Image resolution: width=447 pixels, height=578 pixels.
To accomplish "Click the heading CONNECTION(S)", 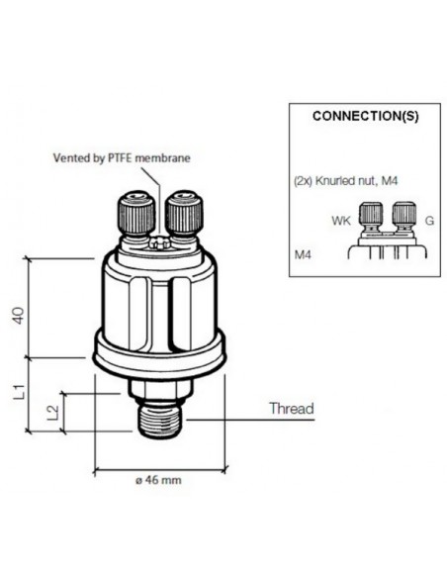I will tap(365, 116).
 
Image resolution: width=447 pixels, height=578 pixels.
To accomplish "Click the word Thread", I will tap(291, 409).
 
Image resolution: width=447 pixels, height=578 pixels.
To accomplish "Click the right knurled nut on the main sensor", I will tap(181, 212).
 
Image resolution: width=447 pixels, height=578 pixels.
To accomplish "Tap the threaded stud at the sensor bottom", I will tap(157, 420).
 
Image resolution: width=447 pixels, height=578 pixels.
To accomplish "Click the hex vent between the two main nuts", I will tap(157, 241).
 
